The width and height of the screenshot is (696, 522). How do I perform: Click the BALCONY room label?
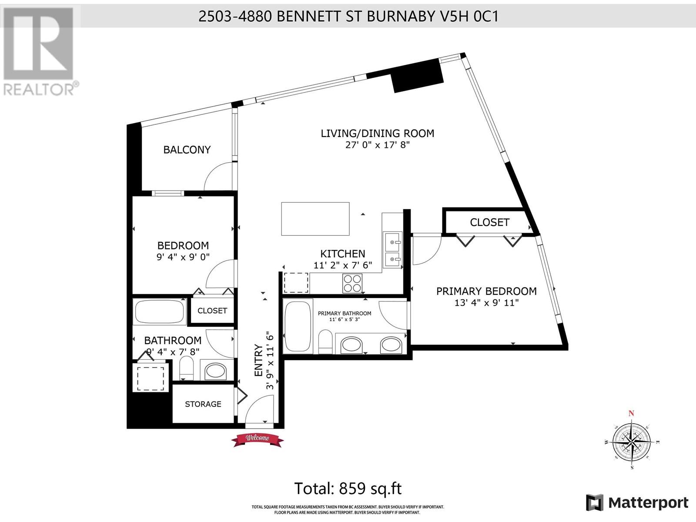pyautogui.click(x=187, y=150)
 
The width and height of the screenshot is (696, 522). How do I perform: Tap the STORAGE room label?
pyautogui.click(x=203, y=404)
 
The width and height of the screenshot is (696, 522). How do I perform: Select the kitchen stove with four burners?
pyautogui.click(x=352, y=283)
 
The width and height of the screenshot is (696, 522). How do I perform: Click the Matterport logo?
pyautogui.click(x=637, y=503)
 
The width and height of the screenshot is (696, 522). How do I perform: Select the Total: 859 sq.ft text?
pyautogui.click(x=348, y=489)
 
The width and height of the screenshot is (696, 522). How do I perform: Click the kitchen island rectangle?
pyautogui.click(x=315, y=219)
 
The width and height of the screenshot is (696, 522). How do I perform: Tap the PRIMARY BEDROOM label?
pyautogui.click(x=486, y=291)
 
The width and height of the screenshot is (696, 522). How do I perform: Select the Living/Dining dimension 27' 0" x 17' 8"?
pyautogui.click(x=378, y=145)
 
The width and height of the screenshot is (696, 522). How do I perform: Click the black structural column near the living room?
pyautogui.click(x=418, y=76)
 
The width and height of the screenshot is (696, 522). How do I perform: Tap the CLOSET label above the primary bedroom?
pyautogui.click(x=489, y=222)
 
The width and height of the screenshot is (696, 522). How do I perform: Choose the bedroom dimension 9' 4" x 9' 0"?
pyautogui.click(x=183, y=257)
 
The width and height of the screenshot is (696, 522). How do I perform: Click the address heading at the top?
pyautogui.click(x=348, y=16)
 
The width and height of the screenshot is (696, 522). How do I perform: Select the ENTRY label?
pyautogui.click(x=258, y=360)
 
